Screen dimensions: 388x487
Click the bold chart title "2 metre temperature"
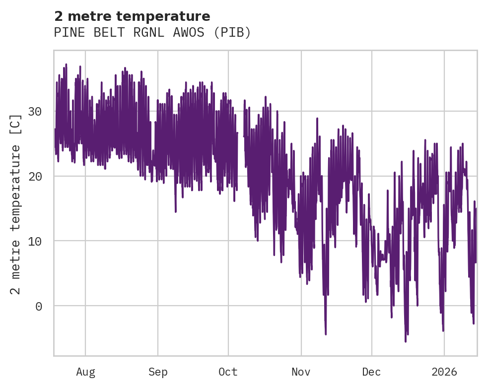tap(132, 16)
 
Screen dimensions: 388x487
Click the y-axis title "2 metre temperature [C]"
tap(16, 204)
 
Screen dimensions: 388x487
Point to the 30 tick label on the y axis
tap(34, 112)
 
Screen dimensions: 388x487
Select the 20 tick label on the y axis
tap(34, 176)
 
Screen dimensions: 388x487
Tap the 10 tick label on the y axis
tap(34, 241)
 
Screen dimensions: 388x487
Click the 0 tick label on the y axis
tap(38, 306)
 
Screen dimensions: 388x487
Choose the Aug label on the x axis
tap(85, 372)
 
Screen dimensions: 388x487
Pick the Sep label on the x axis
tap(158, 372)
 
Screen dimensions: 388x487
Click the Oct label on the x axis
tap(228, 372)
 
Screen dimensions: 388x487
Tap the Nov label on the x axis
tap(301, 372)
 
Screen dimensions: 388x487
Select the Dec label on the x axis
tap(371, 372)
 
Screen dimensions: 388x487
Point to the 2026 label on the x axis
tap(444, 372)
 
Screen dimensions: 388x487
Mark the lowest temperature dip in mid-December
tap(406, 341)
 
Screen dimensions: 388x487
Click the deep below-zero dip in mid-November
tap(326, 333)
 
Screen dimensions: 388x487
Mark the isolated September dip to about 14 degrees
tap(176, 211)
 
